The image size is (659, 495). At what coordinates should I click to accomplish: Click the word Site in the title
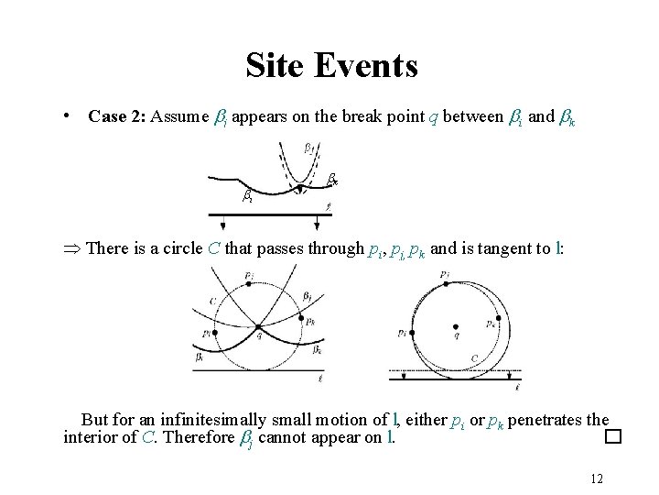[x=276, y=65]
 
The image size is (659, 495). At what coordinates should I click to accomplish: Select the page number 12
[x=599, y=478]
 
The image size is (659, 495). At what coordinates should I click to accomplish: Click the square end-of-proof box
[x=612, y=438]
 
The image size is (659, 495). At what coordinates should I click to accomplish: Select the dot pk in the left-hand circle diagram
[x=300, y=319]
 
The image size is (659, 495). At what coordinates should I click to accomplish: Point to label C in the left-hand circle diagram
[x=212, y=299]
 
